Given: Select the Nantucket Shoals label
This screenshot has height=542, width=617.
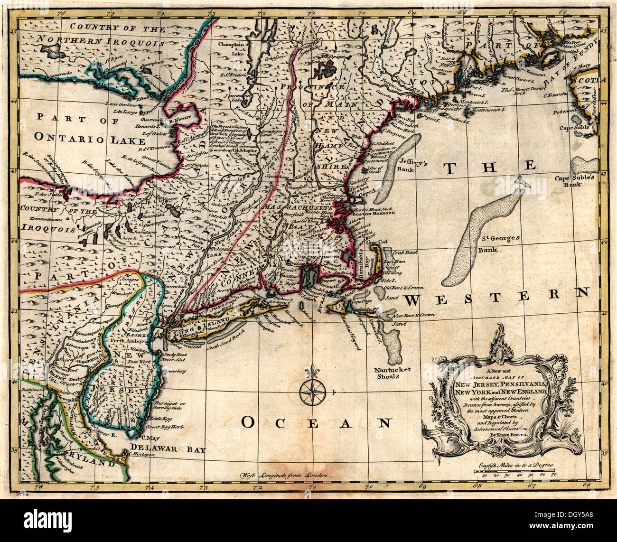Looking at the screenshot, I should [x=392, y=373].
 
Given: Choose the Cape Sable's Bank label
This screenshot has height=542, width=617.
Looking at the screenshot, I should [x=577, y=183].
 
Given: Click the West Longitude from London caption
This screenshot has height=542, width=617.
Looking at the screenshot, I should [x=287, y=475].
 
